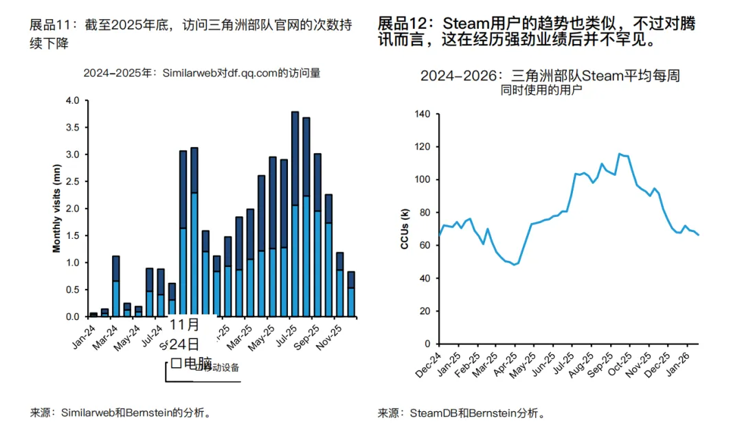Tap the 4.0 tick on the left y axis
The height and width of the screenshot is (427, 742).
click(x=73, y=101)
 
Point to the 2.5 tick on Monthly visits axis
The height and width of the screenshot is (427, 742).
click(x=73, y=182)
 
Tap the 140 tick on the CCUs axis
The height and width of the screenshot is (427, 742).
click(x=421, y=114)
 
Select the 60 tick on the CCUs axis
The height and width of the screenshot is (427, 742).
click(x=424, y=245)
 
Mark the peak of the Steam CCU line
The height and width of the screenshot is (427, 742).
click(x=620, y=154)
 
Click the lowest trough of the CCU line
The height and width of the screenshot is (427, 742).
click(x=514, y=265)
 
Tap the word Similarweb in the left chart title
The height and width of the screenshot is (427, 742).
click(x=185, y=73)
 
